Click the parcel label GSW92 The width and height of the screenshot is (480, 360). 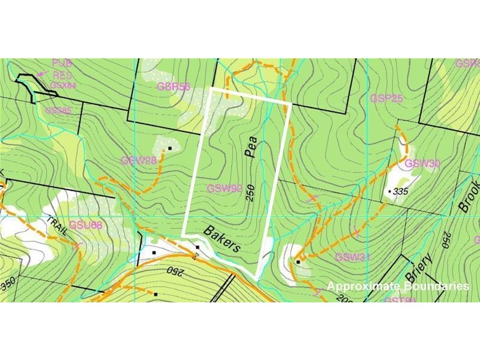pyautogui.click(x=224, y=188)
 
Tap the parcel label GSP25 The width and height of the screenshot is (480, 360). pyautogui.click(x=386, y=98)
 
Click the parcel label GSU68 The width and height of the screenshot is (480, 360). pyautogui.click(x=86, y=226)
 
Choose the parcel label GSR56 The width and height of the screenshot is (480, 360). pyautogui.click(x=173, y=86)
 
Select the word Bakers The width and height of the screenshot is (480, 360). pyautogui.click(x=222, y=239)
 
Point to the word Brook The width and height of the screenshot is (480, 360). pyautogui.click(x=469, y=197)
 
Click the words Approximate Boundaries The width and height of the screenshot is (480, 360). pyautogui.click(x=398, y=286)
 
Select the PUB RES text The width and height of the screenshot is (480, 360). pyautogui.click(x=61, y=69)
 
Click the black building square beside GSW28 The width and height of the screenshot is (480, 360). pyautogui.click(x=170, y=148)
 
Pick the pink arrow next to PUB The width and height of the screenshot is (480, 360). pyautogui.click(x=41, y=74)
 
